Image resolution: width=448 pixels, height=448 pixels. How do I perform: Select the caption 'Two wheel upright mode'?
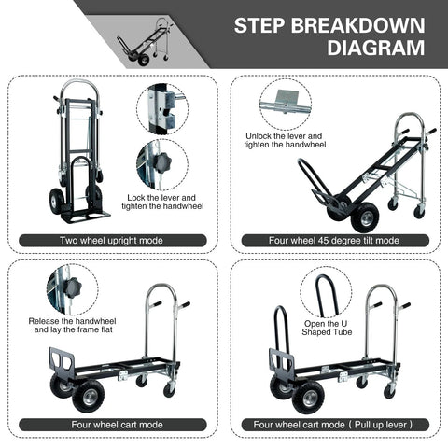coord(113,241)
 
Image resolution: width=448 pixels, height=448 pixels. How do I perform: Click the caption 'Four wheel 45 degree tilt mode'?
coord(334,241)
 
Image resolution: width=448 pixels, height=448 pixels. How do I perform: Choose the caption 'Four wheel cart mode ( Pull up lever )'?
coord(334,425)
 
